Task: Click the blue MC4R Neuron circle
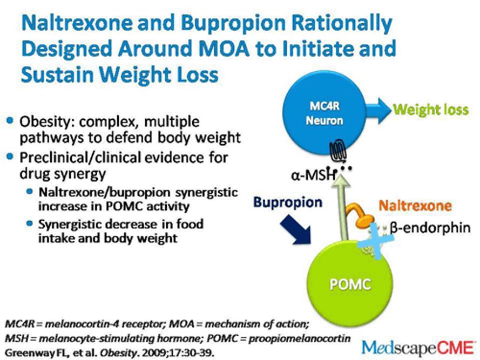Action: click(324, 113)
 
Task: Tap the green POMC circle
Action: click(350, 284)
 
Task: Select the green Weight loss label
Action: click(431, 110)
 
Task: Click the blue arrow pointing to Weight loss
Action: click(378, 111)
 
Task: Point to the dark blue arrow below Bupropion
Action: click(295, 229)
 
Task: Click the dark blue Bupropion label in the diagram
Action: click(288, 202)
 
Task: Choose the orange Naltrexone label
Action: click(415, 206)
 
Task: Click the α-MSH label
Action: click(313, 175)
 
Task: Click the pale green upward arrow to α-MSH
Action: click(342, 209)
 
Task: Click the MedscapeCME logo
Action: click(417, 348)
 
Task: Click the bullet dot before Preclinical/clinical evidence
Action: click(10, 157)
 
